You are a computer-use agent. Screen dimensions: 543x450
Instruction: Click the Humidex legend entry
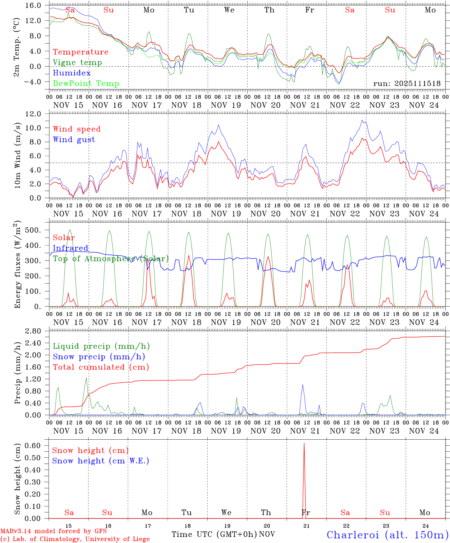(x=72, y=73)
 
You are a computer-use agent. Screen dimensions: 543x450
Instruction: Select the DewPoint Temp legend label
(x=86, y=84)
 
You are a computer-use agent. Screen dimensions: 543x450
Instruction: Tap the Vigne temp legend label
(x=77, y=63)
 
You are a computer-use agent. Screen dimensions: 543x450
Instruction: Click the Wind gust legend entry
(x=74, y=140)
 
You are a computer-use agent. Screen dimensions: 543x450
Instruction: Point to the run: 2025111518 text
(x=407, y=84)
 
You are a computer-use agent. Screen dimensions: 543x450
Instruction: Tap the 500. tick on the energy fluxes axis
(x=33, y=230)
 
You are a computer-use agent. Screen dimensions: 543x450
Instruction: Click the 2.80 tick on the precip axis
(x=33, y=331)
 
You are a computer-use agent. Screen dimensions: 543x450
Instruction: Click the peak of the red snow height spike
(x=304, y=443)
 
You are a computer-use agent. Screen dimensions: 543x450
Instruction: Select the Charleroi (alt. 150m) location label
(x=388, y=535)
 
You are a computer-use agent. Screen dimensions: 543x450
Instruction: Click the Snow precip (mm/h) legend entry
(x=99, y=357)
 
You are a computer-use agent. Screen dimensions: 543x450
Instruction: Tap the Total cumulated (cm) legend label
(x=101, y=367)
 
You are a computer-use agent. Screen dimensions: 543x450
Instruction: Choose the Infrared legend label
(x=70, y=248)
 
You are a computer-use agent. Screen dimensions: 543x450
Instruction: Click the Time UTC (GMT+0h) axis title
(x=214, y=534)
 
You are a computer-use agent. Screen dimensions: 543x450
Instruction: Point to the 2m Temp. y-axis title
(x=17, y=52)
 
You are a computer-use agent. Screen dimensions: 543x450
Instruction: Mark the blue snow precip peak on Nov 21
(x=302, y=385)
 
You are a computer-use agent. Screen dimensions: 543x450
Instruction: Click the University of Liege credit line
(x=75, y=539)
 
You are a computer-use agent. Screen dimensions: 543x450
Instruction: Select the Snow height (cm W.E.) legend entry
(x=100, y=461)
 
